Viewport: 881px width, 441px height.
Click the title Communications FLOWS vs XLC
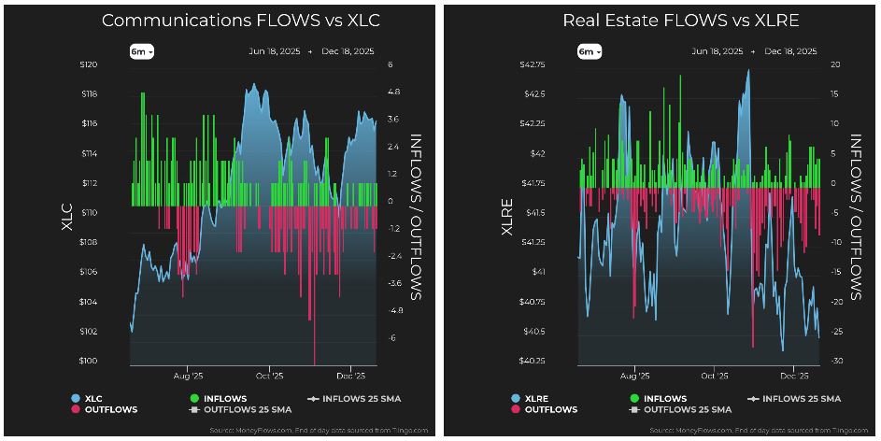240,20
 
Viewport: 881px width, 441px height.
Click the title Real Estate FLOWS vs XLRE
682,20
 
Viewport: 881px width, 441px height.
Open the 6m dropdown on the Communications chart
142,52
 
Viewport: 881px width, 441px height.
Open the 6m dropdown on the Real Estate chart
589,52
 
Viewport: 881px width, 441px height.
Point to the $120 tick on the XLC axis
88,64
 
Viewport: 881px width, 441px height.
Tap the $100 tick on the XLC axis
88,361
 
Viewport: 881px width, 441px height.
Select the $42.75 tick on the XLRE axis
533,64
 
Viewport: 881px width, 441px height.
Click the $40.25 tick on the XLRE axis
533,361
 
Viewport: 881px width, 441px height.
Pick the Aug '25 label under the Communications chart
189,376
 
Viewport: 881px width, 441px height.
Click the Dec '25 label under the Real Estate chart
794,376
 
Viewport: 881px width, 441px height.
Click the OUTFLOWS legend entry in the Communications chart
110,409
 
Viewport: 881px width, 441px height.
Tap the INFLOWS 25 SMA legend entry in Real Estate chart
797,398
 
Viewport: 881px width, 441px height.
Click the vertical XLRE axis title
508,213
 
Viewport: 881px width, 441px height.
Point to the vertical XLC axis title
65,213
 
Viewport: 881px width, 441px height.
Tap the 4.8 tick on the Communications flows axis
393,93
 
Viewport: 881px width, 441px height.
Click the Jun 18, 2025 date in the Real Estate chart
718,52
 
